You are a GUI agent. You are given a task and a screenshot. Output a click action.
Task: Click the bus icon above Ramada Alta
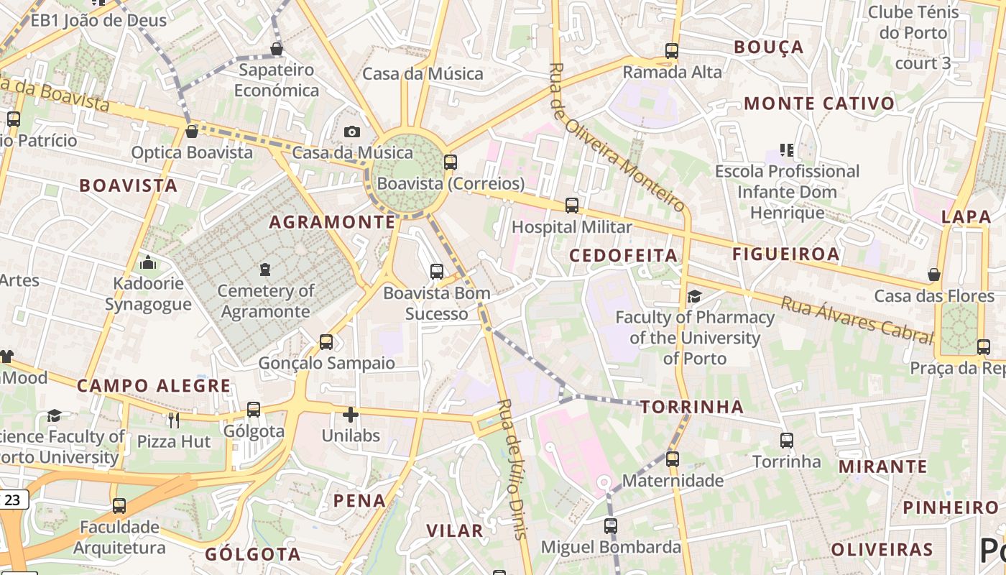[672, 51]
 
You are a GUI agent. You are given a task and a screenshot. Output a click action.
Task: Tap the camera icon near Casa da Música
[351, 132]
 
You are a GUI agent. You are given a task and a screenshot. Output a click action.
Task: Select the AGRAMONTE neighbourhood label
[333, 222]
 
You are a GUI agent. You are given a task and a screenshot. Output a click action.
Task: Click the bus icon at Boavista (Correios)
[451, 162]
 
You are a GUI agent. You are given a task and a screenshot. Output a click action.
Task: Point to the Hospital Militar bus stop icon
[572, 206]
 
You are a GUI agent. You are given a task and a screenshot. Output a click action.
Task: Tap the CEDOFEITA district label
[624, 255]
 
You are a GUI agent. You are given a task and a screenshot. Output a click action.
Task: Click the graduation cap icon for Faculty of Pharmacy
[694, 296]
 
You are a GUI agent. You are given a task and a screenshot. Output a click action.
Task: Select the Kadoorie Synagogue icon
[148, 262]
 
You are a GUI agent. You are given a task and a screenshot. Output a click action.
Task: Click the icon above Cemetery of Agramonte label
[265, 270]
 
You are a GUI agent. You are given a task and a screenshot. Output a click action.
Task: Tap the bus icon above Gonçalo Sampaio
[326, 341]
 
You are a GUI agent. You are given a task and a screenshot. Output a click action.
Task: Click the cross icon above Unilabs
[351, 415]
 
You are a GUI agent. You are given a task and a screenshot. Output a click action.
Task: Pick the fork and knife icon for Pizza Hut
[173, 420]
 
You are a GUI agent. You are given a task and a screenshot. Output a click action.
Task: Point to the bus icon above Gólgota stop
[254, 410]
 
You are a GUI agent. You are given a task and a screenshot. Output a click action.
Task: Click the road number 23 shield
[12, 500]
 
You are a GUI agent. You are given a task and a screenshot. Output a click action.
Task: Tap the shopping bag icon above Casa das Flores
[934, 275]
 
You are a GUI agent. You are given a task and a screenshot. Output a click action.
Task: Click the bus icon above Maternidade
[673, 459]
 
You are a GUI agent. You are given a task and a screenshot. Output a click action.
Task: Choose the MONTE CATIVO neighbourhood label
[819, 103]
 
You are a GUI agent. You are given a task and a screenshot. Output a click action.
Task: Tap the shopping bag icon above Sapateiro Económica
[277, 49]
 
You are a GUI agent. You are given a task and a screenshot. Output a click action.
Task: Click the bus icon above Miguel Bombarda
[611, 526]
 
